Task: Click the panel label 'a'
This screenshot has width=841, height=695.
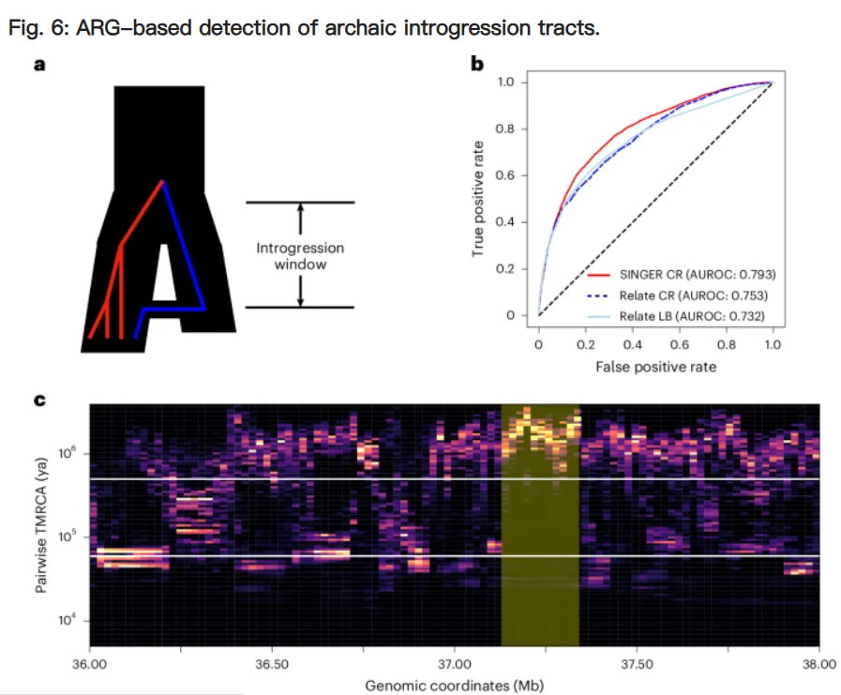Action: pyautogui.click(x=39, y=65)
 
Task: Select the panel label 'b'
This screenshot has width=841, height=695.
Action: pyautogui.click(x=476, y=64)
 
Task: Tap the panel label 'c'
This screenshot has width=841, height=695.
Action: pyautogui.click(x=39, y=400)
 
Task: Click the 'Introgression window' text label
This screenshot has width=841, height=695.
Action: pyautogui.click(x=300, y=256)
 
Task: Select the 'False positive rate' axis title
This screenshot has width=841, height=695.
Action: pyautogui.click(x=655, y=368)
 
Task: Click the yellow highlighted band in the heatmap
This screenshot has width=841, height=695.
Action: pyautogui.click(x=540, y=563)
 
